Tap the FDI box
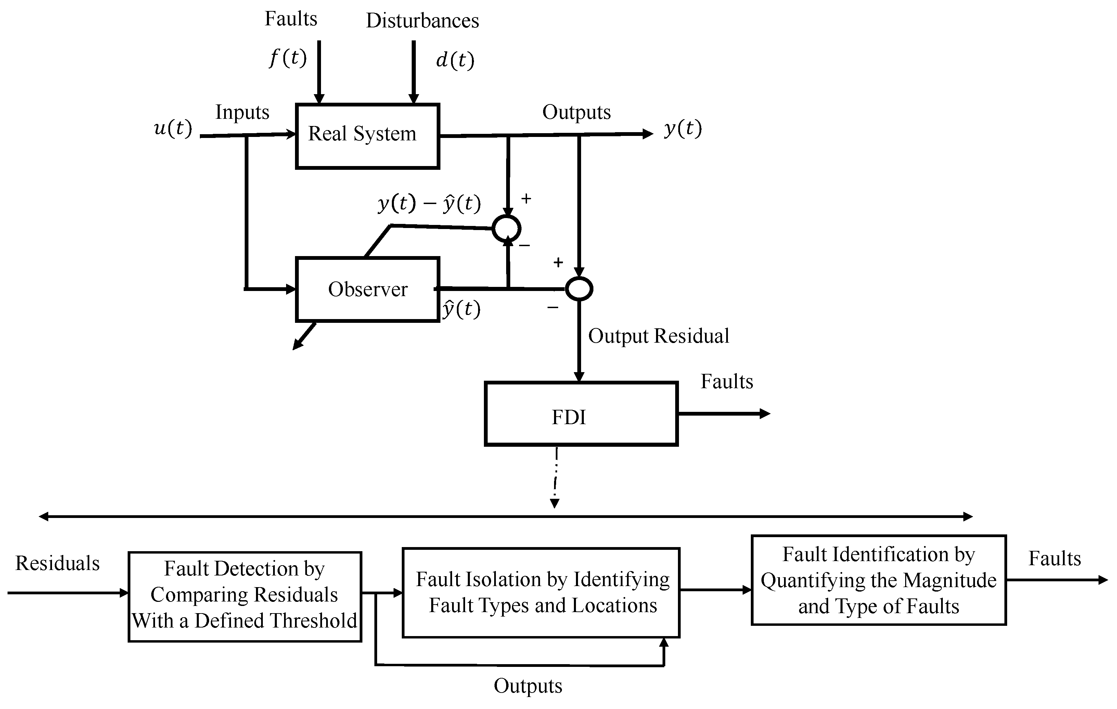[581, 414]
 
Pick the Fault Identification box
[878, 580]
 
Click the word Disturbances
[422, 21]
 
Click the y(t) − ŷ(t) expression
[429, 203]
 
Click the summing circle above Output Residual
[579, 289]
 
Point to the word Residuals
[57, 563]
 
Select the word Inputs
[242, 112]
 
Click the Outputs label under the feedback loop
[528, 686]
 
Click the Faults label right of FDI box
[727, 381]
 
